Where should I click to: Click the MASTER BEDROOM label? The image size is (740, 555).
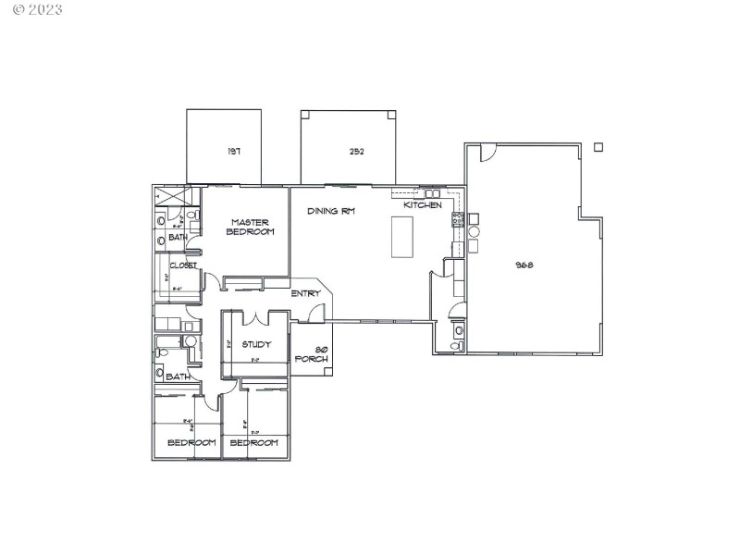pos(250,227)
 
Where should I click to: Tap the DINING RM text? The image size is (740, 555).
pos(331,211)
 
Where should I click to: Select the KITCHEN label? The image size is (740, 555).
pos(422,204)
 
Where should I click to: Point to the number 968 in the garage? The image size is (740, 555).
pos(525,265)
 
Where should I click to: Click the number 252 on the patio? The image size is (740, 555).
pos(356,152)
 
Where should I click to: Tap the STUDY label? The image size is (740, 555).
pos(256,345)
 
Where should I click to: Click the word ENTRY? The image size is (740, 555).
pos(305,294)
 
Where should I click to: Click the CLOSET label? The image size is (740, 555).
pos(182,265)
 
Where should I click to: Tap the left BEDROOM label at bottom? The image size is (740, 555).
pos(191,442)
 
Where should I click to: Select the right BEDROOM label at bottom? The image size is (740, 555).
pos(254,442)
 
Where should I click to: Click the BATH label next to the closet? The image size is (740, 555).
pos(178,238)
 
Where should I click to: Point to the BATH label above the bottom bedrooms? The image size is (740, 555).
pos(178,376)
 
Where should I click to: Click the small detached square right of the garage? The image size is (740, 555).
pos(598,146)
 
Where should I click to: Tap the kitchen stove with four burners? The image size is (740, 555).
pos(456,219)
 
